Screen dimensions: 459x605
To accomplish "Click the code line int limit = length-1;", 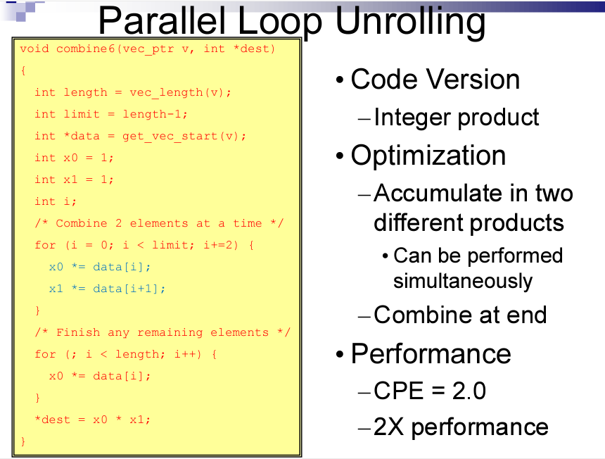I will [111, 114].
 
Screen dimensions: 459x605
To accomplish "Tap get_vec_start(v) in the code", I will [184, 136].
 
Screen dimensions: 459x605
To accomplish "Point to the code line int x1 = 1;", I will [74, 180].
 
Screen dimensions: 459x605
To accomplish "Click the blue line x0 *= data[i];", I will [100, 267].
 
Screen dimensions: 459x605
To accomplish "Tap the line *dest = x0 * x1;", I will [93, 420].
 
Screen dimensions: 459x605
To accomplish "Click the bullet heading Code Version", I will [435, 79].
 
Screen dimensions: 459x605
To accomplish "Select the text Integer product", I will [457, 117].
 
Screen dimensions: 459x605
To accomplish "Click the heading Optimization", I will [428, 155].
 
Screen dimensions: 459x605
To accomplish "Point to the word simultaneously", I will [462, 281].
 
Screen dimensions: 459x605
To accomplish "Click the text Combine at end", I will [460, 314].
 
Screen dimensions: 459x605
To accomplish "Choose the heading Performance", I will [431, 353].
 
